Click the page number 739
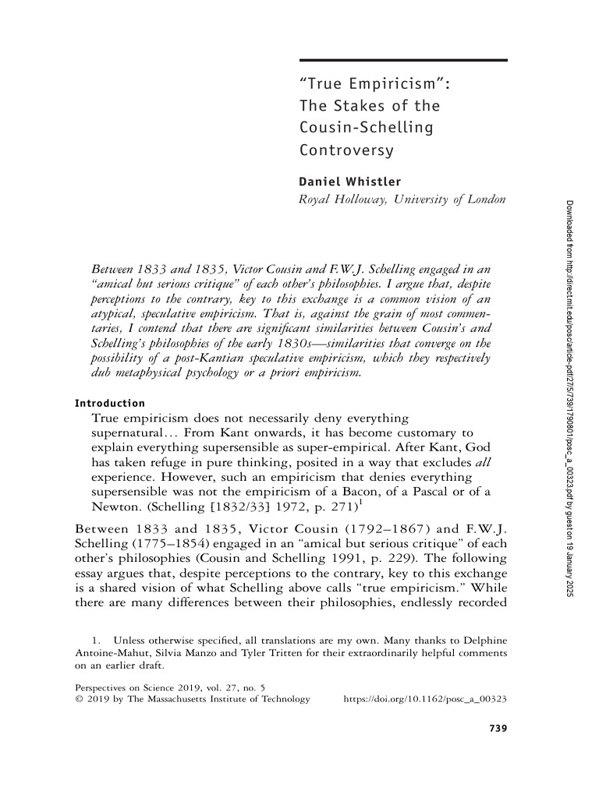tap(497, 728)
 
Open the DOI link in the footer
tap(426, 699)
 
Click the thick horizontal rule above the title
tap(403, 61)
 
